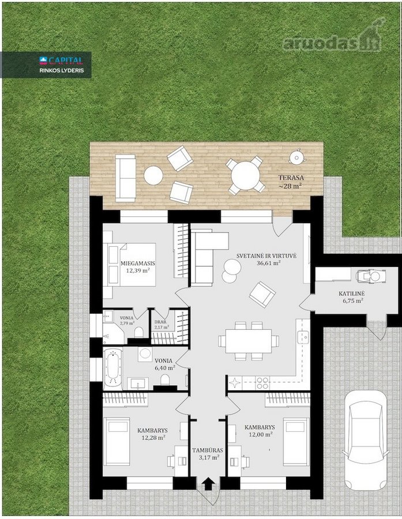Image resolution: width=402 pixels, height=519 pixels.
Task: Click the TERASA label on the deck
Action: pos(291,178)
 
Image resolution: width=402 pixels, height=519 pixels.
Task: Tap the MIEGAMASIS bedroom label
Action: pos(133,264)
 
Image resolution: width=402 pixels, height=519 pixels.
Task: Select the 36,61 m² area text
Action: pos(269,263)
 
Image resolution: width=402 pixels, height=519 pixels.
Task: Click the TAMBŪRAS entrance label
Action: pos(208,450)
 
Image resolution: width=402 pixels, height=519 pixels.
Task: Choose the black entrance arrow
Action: pos(208,484)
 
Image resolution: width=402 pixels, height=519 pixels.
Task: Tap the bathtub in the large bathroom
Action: pos(113,368)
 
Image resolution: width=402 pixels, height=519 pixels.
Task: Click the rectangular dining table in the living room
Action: pos(249,341)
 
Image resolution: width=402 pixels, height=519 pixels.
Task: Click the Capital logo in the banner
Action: pos(61,60)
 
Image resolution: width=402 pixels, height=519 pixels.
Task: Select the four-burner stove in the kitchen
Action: pos(262,383)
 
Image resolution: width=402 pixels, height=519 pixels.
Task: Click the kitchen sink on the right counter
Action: pos(303,337)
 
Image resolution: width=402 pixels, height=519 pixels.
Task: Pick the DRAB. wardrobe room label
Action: pos(160,322)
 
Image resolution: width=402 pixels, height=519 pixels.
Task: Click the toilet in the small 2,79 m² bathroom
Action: pos(139,332)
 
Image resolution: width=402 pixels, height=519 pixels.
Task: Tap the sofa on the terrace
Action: pos(126,178)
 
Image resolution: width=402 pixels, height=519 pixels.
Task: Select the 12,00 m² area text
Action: pos(261,435)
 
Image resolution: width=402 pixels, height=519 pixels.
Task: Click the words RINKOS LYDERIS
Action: pos(61,70)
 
